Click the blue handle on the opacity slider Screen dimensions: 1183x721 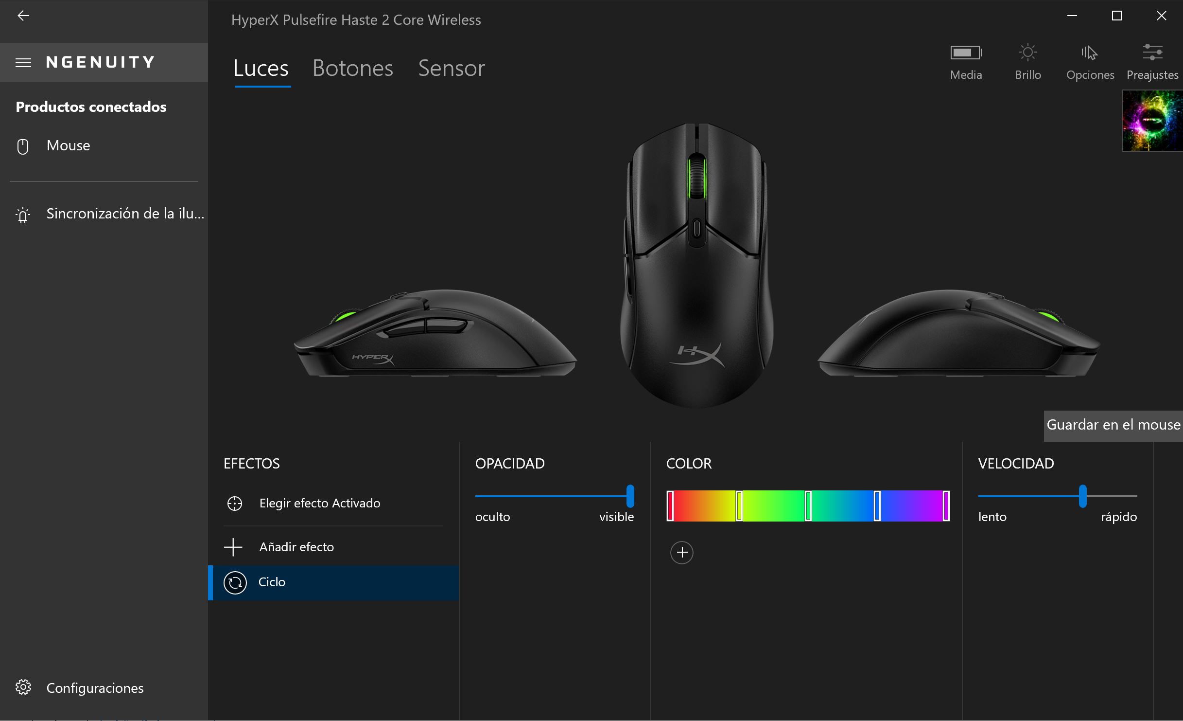click(x=630, y=496)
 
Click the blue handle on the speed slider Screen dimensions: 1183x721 click(x=1083, y=496)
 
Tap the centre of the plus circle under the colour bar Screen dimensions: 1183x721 click(x=682, y=553)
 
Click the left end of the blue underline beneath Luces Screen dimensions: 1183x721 click(x=235, y=87)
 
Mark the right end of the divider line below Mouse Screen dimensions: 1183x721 click(x=198, y=181)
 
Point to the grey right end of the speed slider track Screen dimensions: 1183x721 click(x=1137, y=496)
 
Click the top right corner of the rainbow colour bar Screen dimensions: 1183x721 click(x=950, y=490)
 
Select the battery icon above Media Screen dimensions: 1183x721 click(x=966, y=53)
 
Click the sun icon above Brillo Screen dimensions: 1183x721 click(x=1028, y=52)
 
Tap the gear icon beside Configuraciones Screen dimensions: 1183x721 click(x=23, y=687)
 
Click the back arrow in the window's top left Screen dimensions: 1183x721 click(x=23, y=16)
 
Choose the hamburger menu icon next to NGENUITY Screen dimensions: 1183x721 click(x=23, y=63)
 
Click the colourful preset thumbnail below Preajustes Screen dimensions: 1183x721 click(x=1152, y=121)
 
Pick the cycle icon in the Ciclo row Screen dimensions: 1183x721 click(x=235, y=582)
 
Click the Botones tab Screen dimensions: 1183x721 click(x=353, y=68)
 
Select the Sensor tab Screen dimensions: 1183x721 click(x=452, y=68)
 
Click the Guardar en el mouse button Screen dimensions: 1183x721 click(x=1113, y=426)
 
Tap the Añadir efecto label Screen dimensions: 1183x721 click(x=296, y=547)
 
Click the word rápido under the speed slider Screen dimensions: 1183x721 click(x=1119, y=517)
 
